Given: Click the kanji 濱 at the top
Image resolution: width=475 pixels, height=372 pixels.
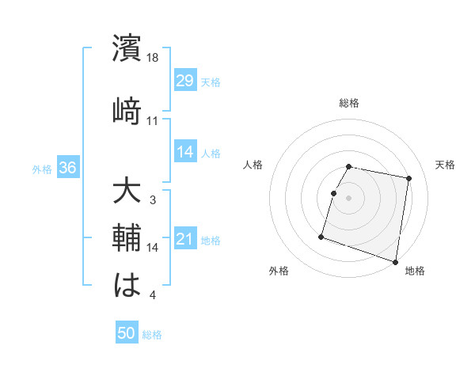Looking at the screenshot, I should click(127, 48).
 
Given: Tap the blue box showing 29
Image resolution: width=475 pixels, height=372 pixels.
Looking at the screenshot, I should click(184, 82).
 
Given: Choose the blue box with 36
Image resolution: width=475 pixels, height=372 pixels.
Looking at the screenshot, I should click(68, 168).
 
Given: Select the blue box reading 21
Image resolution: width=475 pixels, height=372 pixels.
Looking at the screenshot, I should click(184, 240).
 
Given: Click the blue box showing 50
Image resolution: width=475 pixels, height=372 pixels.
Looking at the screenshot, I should click(127, 334).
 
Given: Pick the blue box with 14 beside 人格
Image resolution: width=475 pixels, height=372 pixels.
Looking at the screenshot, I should click(184, 153).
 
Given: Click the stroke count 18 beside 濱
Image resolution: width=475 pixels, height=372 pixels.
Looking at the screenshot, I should click(154, 57).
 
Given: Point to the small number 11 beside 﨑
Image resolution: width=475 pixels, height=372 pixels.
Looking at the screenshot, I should click(153, 121).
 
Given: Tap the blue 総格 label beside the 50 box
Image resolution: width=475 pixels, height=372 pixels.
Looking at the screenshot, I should click(152, 335).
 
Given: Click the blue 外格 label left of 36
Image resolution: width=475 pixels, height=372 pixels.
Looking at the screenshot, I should click(41, 169).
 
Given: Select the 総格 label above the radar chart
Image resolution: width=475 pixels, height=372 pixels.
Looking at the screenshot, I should click(349, 103).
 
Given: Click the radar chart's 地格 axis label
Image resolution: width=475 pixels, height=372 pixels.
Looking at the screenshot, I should click(415, 271).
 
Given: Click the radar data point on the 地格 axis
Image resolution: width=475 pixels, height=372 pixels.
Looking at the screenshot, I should click(395, 261).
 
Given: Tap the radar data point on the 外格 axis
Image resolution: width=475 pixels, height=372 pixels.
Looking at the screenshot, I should click(321, 236).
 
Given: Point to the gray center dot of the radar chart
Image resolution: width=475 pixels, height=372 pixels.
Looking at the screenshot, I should click(349, 198).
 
